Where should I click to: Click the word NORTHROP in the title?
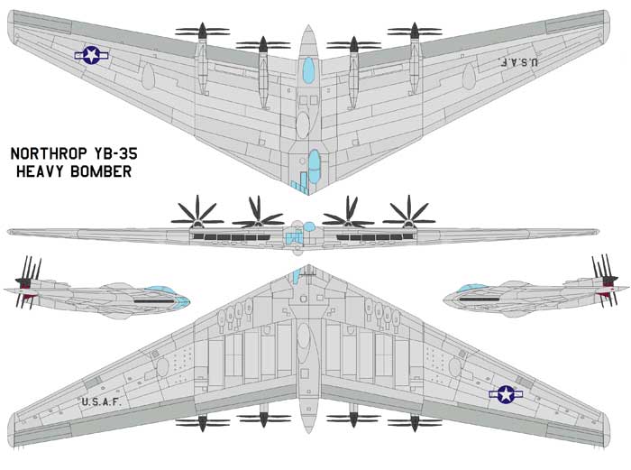49,154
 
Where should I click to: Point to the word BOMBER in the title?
101,171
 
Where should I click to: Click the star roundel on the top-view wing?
92,55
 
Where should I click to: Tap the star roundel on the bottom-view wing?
506,394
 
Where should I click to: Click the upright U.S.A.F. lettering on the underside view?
101,402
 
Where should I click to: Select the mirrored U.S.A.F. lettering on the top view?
517,62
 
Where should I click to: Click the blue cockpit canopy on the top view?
308,70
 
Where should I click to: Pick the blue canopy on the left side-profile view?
169,293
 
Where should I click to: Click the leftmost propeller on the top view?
202,32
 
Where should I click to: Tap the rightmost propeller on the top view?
415,32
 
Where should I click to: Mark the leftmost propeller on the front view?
197,216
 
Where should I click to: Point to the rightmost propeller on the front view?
409,216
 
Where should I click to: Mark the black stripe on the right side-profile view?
480,300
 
